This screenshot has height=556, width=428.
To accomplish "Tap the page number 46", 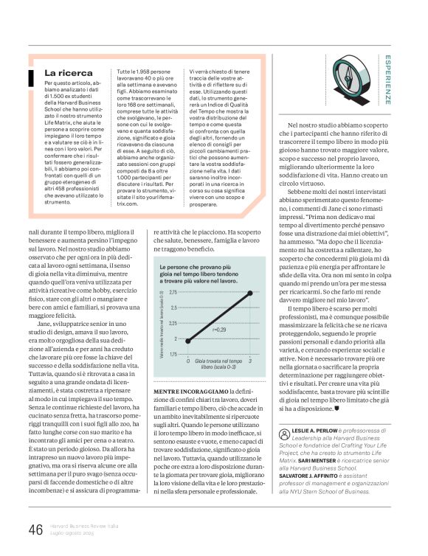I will click(35, 530).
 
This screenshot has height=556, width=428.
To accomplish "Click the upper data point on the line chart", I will click(250, 293).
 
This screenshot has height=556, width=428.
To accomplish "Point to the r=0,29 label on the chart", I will click(219, 330).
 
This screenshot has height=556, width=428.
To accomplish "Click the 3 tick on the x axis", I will click(250, 361).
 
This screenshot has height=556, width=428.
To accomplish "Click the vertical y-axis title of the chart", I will click(162, 323).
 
